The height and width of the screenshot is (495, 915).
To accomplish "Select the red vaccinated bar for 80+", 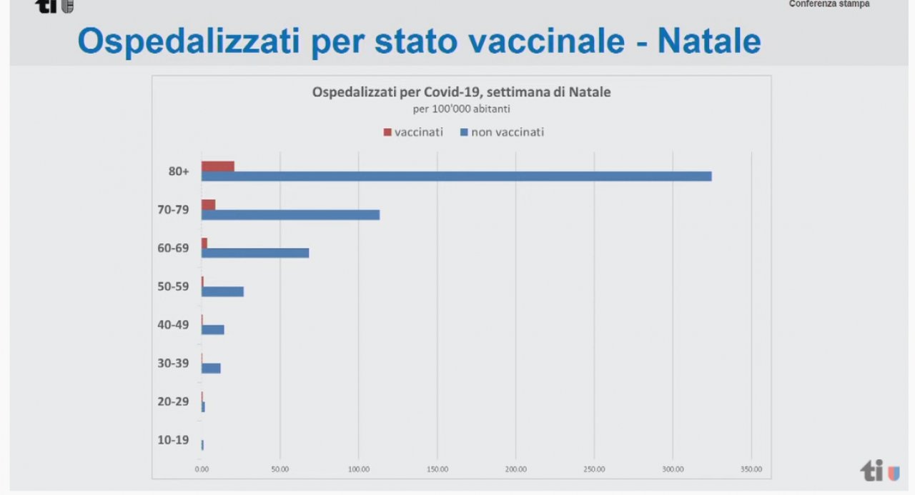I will point(218,166).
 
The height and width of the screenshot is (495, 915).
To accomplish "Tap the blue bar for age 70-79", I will point(290,215).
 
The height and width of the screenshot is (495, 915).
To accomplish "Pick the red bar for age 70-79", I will point(208,205).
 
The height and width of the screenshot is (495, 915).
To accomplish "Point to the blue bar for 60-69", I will point(255,253).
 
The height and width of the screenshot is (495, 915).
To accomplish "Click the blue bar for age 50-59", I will point(222,291).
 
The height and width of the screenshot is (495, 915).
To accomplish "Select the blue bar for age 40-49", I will point(213,330).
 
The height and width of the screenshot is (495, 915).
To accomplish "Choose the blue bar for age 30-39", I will point(211,369).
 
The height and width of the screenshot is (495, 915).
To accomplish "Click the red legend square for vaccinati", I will point(387,132).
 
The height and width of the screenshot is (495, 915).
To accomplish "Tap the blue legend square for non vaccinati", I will point(464,132).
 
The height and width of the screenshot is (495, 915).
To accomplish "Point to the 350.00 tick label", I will point(751,469).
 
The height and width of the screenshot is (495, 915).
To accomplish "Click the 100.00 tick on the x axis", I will point(359,469).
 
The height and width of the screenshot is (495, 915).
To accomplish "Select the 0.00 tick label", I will point(202,469).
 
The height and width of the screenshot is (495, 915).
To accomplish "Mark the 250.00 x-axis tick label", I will point(594,469).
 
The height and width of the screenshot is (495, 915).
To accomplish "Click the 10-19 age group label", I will point(173,440).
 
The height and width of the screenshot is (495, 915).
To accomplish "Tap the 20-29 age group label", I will point(173,401).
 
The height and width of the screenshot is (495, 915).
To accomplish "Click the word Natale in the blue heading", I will point(708,41).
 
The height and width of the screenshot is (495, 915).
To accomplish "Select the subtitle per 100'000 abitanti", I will point(461,109).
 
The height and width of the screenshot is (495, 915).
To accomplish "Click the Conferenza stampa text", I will point(829,4).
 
